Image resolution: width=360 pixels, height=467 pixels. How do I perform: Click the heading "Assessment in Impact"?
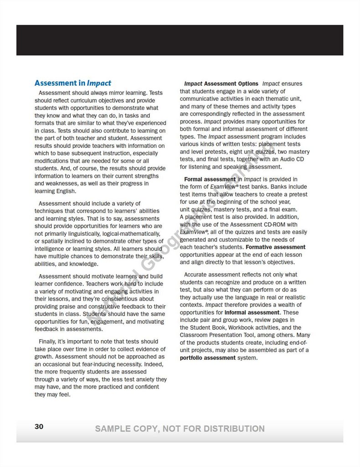[x=73, y=83]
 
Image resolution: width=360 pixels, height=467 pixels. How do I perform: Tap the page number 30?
[x=39, y=426]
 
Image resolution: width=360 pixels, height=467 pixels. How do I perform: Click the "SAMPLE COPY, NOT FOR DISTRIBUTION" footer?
[x=180, y=429]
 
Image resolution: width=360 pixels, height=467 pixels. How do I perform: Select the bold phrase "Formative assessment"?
[x=276, y=247]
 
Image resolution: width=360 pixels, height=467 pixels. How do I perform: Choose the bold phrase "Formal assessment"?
[x=207, y=179]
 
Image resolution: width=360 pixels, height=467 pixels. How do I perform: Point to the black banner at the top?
[x=180, y=40]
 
